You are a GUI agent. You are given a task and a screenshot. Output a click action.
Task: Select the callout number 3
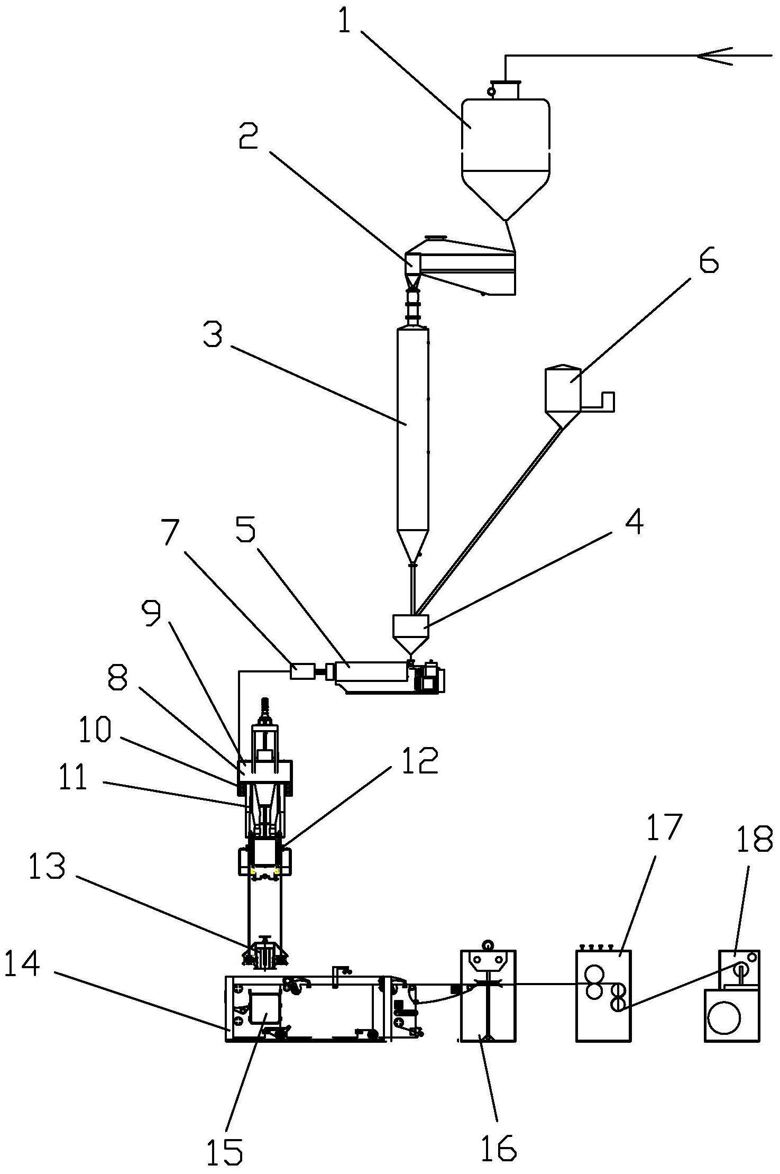coord(213,335)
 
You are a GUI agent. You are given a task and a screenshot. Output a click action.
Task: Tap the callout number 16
coord(498,1144)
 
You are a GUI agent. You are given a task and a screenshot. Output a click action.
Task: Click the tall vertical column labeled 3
coord(413,434)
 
